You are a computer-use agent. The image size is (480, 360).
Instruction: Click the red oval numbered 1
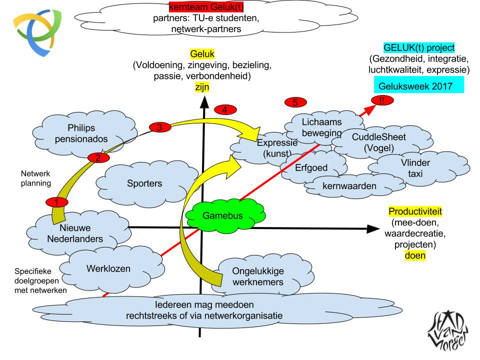[x=56, y=202]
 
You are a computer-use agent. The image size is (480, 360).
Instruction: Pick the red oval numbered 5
[x=295, y=102]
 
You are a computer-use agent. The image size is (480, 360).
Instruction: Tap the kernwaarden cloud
[x=342, y=187]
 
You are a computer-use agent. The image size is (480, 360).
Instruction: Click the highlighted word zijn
[x=203, y=87]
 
